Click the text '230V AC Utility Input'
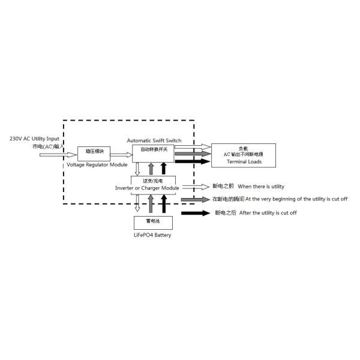point(35,138)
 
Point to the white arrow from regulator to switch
point(121,154)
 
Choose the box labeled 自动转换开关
point(154,153)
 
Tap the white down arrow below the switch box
point(137,170)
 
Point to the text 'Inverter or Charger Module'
point(147,188)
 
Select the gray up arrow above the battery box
point(151,204)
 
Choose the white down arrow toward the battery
point(137,204)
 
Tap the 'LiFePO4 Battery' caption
point(152,235)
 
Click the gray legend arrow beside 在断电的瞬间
point(196,199)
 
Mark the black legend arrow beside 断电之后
point(196,213)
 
